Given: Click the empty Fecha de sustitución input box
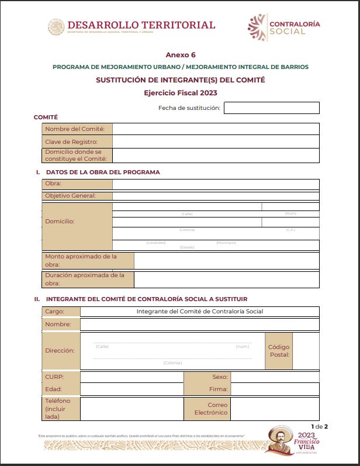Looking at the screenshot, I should pyautogui.click(x=271, y=108).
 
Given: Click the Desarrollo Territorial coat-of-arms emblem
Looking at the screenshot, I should pyautogui.click(x=56, y=27).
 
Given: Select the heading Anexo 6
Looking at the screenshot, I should pyautogui.click(x=181, y=54).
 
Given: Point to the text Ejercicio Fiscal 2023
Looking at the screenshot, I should pyautogui.click(x=181, y=92).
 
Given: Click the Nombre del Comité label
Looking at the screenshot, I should pyautogui.click(x=75, y=129).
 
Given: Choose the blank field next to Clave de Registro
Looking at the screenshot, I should pyautogui.click(x=216, y=141).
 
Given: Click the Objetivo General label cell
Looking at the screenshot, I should pyautogui.click(x=70, y=196).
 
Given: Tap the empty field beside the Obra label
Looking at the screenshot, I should pyautogui.click(x=216, y=184).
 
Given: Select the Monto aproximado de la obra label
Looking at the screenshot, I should pyautogui.click(x=81, y=260).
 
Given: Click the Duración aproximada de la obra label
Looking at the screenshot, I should pyautogui.click(x=85, y=279).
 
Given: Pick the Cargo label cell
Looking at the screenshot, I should pyautogui.click(x=55, y=312).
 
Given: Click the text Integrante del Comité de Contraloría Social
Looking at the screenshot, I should pyautogui.click(x=199, y=312).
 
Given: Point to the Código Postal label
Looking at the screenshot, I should pyautogui.click(x=279, y=351).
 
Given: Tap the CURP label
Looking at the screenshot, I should pyautogui.click(x=54, y=377).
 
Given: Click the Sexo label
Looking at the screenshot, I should pyautogui.click(x=220, y=377).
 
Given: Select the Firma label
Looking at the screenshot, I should pyautogui.click(x=221, y=389).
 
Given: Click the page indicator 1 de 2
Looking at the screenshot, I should pyautogui.click(x=319, y=426).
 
